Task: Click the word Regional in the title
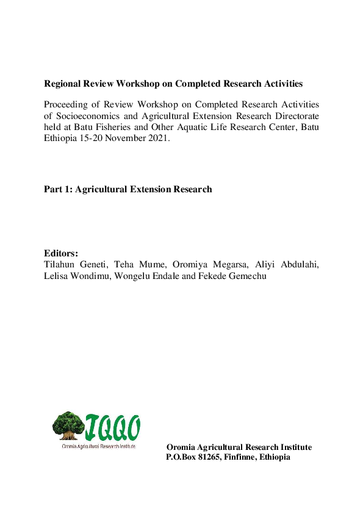63,83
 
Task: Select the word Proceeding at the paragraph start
66,104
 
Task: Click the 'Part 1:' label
56,189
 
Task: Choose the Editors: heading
61,253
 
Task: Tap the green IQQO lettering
113,428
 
